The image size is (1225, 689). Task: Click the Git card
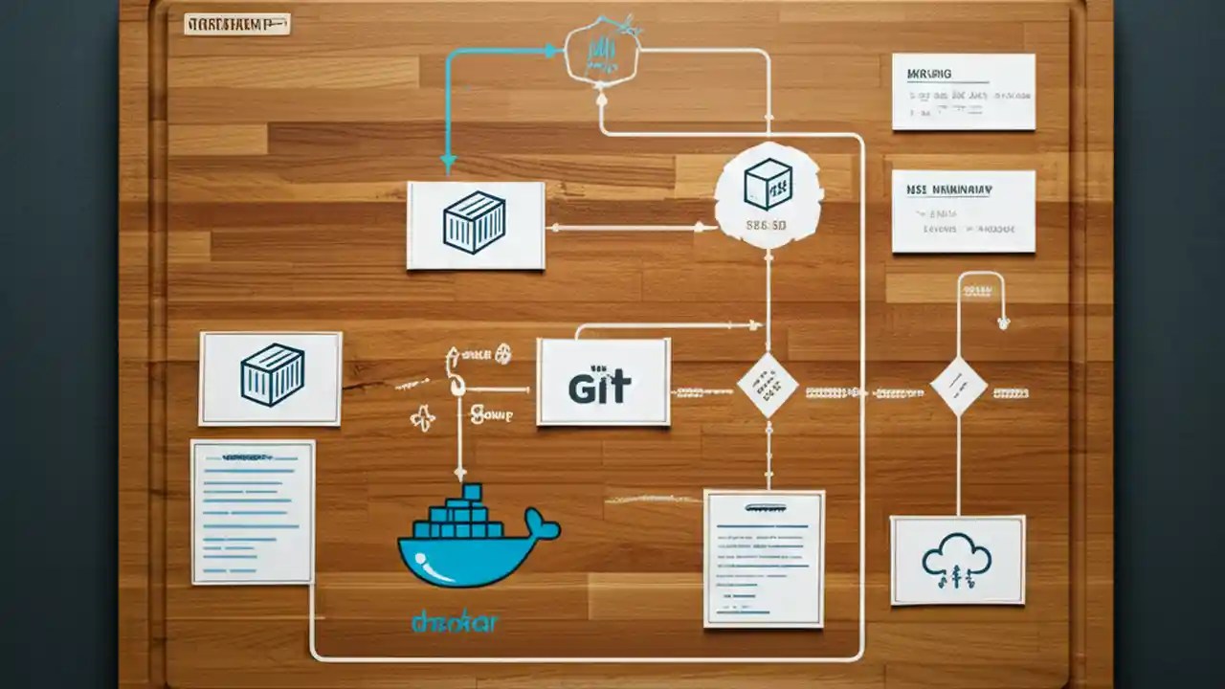[603, 382]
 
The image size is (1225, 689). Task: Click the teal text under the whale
[455, 622]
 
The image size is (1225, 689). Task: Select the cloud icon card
[957, 560]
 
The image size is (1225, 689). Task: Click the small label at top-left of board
[236, 24]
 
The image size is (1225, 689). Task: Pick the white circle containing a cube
[768, 195]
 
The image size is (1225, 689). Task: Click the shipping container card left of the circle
[476, 225]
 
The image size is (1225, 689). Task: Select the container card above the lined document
[271, 378]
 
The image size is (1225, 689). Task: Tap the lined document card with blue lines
[253, 511]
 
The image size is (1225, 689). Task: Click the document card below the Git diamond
[764, 558]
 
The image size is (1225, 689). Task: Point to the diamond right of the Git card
[768, 385]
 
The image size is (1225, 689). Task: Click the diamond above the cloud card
[958, 386]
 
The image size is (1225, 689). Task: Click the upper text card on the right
[963, 91]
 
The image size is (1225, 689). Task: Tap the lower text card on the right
[963, 211]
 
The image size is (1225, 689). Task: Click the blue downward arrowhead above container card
[448, 164]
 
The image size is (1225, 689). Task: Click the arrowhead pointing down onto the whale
[459, 473]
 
